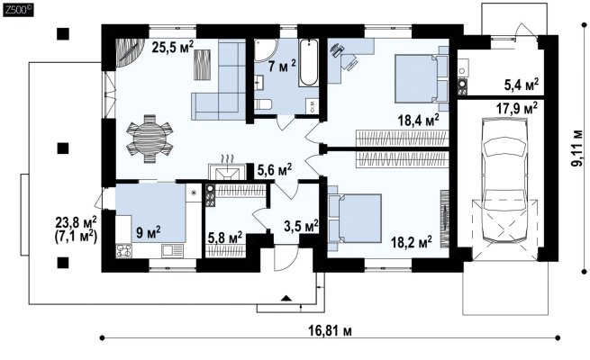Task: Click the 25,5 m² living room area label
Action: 173,48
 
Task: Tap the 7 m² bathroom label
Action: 282,66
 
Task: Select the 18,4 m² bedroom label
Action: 419,121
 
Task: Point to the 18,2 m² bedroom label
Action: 411,242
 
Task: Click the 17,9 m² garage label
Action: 517,108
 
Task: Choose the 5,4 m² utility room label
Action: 522,85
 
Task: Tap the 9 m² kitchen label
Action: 149,232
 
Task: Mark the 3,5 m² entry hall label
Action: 301,226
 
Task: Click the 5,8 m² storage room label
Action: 225,238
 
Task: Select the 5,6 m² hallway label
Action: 275,171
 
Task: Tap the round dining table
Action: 150,139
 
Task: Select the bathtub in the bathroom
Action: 309,63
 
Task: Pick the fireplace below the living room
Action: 227,173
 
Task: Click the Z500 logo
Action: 18,11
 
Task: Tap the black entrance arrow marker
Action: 286,299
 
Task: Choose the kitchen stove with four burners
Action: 124,250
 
